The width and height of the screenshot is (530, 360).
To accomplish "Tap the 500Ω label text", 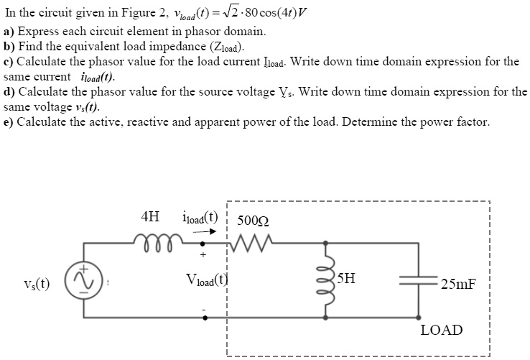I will [x=254, y=220].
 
